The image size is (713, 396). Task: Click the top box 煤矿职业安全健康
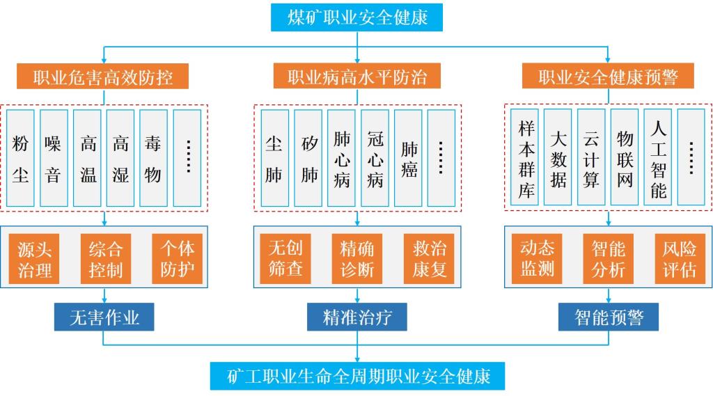(x=356, y=17)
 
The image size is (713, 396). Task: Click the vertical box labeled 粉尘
(x=21, y=158)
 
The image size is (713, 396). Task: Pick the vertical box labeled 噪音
(x=54, y=158)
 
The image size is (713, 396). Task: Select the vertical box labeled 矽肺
(x=308, y=158)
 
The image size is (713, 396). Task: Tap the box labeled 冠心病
(x=375, y=158)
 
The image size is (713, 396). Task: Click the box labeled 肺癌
(x=409, y=158)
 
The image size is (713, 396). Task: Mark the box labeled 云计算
(x=592, y=158)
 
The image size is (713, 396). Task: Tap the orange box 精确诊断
(x=357, y=259)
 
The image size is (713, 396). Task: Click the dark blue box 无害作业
(x=104, y=318)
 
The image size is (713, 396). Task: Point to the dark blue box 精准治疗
(x=357, y=318)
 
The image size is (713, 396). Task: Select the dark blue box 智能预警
(x=609, y=318)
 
